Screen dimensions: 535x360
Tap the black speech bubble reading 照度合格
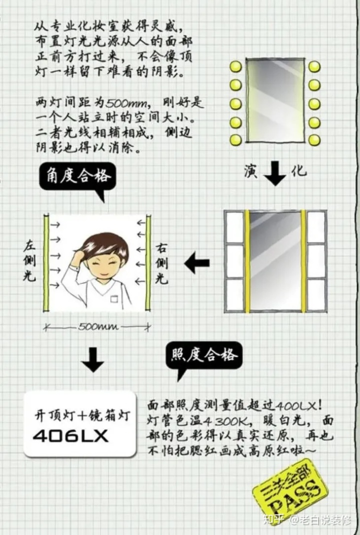point(204,356)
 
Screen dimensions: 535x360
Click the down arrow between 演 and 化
point(274,171)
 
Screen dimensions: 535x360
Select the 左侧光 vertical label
point(28,261)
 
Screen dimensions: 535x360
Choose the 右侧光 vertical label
point(161,263)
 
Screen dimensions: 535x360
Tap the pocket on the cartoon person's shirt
point(114,298)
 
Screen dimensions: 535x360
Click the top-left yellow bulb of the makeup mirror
point(235,66)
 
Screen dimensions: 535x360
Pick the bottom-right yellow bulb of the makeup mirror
point(314,140)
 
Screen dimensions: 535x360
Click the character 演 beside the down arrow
point(250,171)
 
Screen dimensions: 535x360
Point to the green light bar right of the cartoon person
point(148,263)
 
